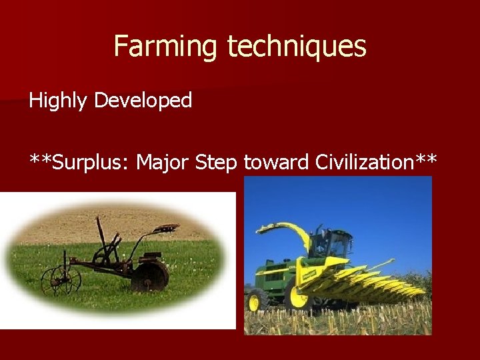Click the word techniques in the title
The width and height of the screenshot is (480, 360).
click(x=297, y=47)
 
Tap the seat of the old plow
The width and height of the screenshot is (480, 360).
click(x=166, y=229)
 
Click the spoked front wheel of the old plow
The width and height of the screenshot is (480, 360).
click(x=61, y=281)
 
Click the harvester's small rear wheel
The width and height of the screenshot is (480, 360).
click(x=253, y=302)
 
